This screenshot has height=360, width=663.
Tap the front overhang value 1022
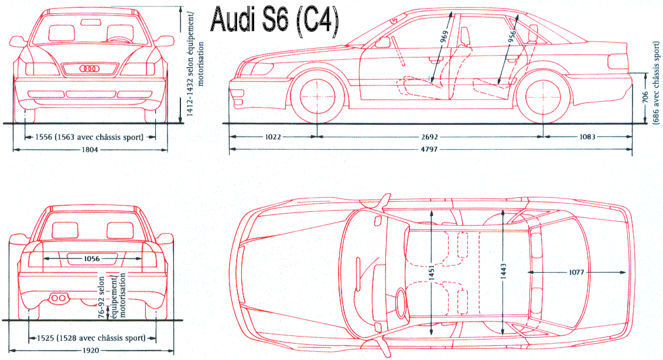pyautogui.click(x=273, y=137)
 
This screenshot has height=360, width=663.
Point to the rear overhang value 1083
pyautogui.click(x=587, y=137)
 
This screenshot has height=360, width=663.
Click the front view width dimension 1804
pyautogui.click(x=90, y=150)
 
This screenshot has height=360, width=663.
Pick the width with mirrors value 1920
pyautogui.click(x=90, y=351)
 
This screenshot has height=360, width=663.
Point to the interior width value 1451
pyautogui.click(x=432, y=271)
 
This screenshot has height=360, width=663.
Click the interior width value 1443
pyautogui.click(x=503, y=271)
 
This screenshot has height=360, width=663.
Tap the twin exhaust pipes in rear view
pyautogui.click(x=57, y=299)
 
